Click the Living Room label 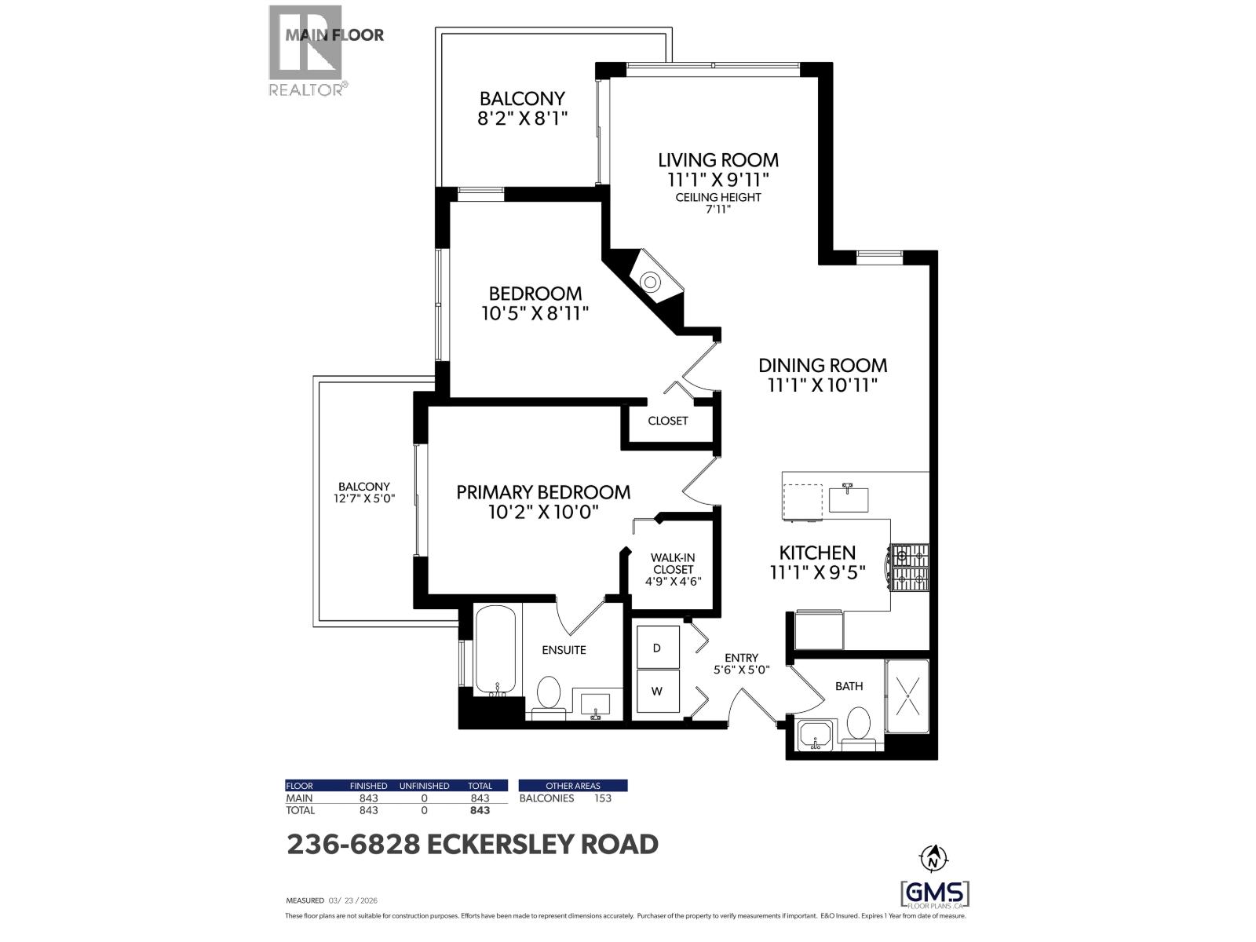(x=717, y=160)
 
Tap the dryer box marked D (x=657, y=648)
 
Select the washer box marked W (x=657, y=692)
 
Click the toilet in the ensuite (x=549, y=694)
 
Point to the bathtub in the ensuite (x=496, y=650)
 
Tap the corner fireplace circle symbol (x=651, y=281)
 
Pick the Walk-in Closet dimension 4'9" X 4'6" (x=672, y=582)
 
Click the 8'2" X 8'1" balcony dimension (x=522, y=119)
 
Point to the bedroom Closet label (x=667, y=421)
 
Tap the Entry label (x=741, y=658)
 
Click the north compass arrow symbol (x=933, y=857)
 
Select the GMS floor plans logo (x=933, y=893)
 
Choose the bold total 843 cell (x=480, y=810)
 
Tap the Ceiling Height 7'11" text (x=717, y=203)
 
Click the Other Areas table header (x=573, y=786)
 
